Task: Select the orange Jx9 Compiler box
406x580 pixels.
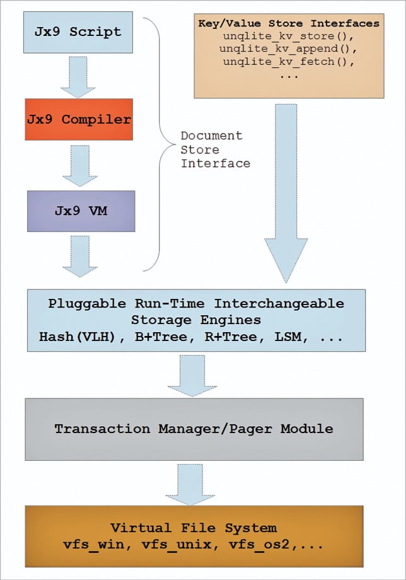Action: click(x=79, y=119)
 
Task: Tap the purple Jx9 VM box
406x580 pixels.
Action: click(x=80, y=210)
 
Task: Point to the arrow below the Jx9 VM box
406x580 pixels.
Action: click(x=80, y=255)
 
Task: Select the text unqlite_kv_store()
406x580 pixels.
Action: click(x=288, y=36)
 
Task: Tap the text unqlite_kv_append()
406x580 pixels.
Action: click(x=288, y=48)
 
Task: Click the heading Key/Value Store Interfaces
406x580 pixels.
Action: click(x=288, y=23)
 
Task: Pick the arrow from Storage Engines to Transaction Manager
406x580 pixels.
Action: click(x=195, y=374)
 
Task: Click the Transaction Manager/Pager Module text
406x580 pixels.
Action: click(x=194, y=429)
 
